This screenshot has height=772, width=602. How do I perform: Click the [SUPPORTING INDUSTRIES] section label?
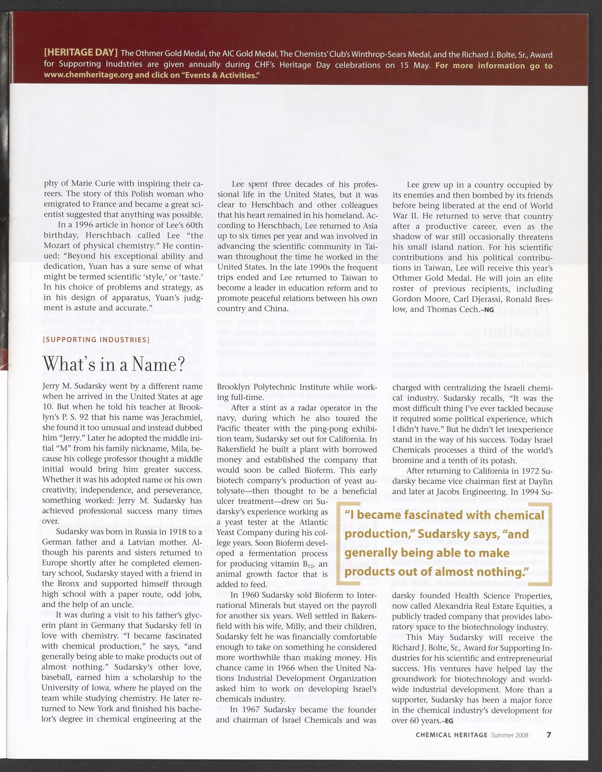tap(96, 340)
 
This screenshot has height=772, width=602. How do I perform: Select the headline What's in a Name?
tap(114, 363)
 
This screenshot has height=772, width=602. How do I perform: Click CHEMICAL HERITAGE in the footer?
tap(452, 735)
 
